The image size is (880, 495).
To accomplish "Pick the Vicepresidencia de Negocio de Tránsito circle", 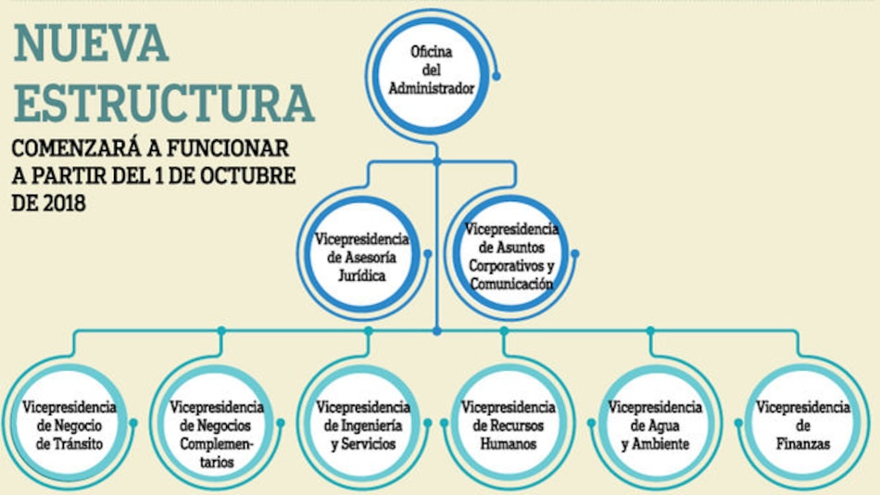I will (70, 425).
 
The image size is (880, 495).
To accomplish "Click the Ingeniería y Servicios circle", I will (362, 425).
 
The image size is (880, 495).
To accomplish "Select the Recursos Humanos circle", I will (508, 425).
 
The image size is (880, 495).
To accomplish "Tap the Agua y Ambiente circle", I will (654, 425).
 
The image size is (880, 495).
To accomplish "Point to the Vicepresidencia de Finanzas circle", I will (802, 425).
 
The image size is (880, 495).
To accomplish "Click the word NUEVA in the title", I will (91, 41).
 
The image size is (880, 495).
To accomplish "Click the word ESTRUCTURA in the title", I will (163, 102).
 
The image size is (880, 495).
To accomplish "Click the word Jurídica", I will (362, 276).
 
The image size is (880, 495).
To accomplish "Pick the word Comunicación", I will (511, 285).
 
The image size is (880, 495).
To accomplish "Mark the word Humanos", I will (508, 444).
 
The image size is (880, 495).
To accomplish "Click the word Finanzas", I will (802, 444).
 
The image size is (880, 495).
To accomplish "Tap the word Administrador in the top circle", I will (430, 90).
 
